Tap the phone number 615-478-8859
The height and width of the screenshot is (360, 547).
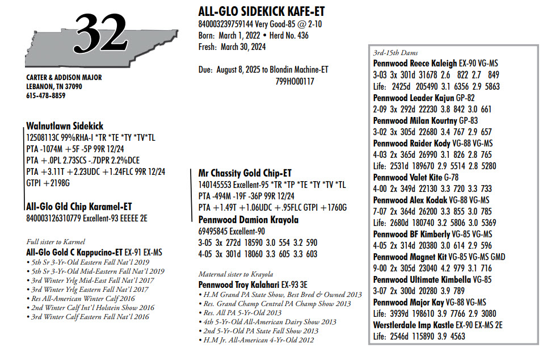click(x=46, y=95)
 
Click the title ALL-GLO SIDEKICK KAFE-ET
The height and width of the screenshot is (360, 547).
click(x=262, y=11)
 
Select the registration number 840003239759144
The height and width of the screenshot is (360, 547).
click(x=226, y=24)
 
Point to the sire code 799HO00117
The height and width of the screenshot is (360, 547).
click(x=295, y=81)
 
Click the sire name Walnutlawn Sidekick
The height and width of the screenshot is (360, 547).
click(x=65, y=126)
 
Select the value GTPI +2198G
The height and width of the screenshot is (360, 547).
click(x=48, y=183)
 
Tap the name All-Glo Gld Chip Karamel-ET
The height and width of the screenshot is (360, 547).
click(x=79, y=207)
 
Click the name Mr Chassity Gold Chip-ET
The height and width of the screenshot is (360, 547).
click(x=245, y=173)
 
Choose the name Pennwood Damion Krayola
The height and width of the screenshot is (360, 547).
click(x=249, y=220)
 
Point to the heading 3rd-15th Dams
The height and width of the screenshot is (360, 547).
click(x=395, y=53)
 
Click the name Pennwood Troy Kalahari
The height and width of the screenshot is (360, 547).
click(x=239, y=284)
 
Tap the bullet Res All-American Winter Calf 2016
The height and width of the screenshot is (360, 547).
click(x=81, y=299)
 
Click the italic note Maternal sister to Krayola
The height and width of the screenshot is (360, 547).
click(x=236, y=274)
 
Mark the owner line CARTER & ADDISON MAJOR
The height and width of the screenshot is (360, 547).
click(x=64, y=78)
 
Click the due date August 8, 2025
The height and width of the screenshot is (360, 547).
click(x=238, y=70)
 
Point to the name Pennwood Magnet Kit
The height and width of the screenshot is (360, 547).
click(x=410, y=257)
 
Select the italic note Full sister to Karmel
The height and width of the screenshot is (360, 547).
click(x=56, y=242)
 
